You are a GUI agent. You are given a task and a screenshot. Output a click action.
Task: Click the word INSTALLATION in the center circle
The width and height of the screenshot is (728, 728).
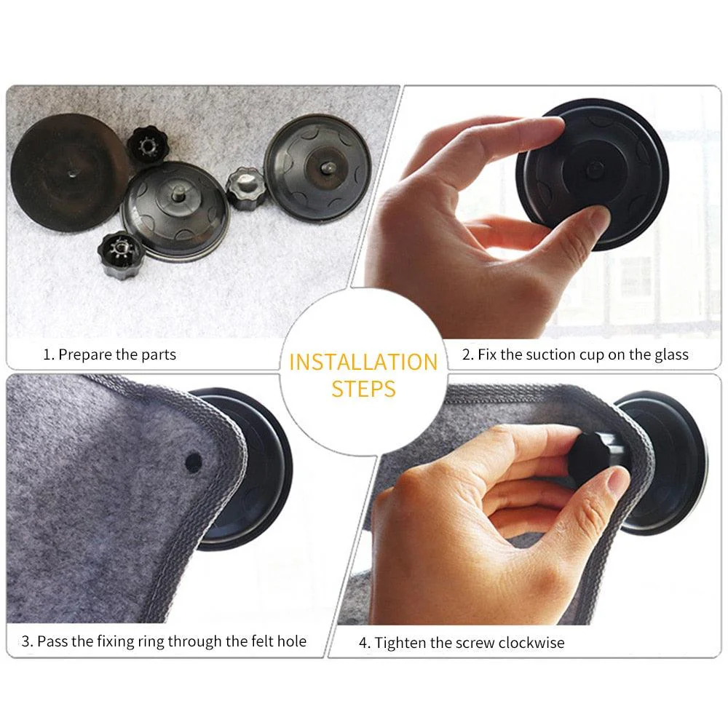363,362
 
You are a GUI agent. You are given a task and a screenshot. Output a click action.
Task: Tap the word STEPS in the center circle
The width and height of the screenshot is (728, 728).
363,388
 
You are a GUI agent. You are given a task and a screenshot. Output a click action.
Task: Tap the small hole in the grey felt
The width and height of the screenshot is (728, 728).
194,461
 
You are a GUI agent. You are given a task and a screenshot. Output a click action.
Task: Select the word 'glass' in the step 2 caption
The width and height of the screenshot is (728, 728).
670,355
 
